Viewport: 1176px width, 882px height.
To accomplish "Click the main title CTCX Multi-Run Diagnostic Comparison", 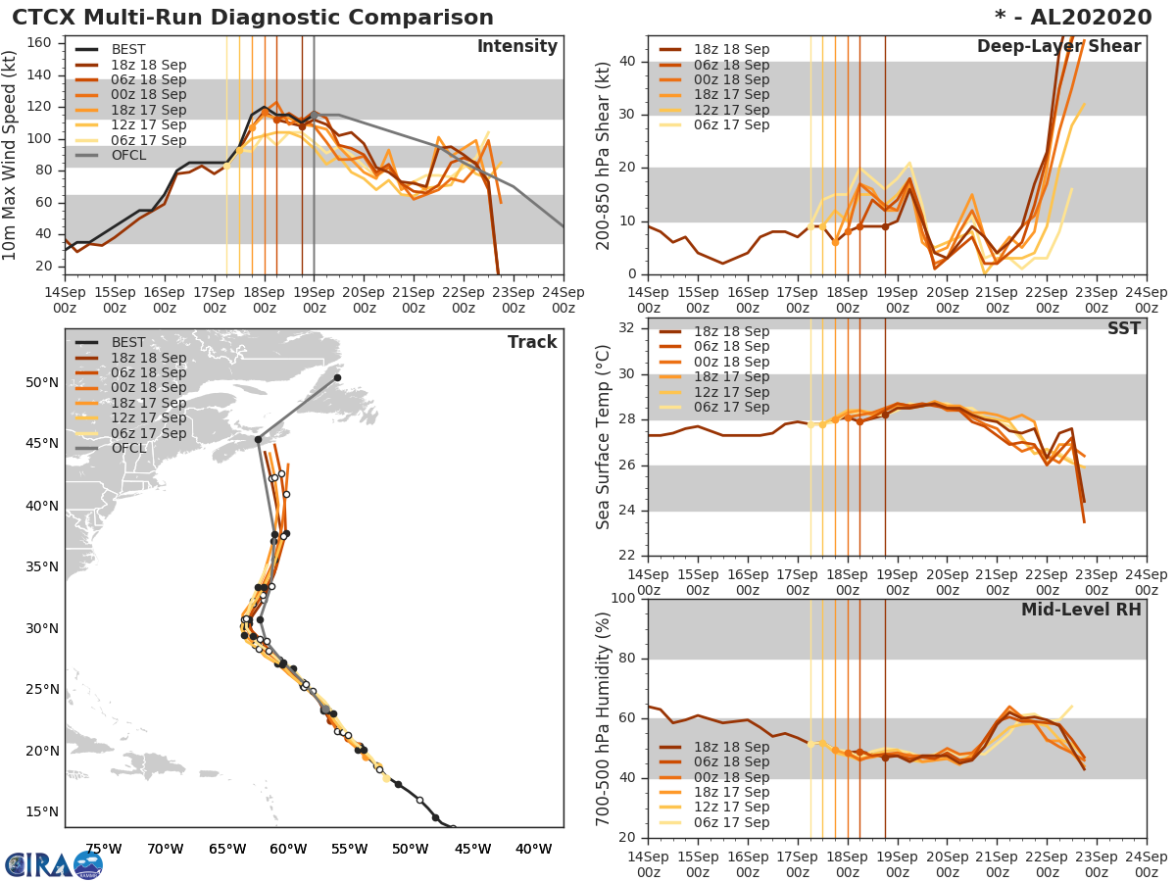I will (253, 18).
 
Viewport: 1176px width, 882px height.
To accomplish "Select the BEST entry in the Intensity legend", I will (128, 50).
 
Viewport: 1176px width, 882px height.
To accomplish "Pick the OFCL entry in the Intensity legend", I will (128, 156).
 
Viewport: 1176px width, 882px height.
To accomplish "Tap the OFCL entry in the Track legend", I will (128, 449).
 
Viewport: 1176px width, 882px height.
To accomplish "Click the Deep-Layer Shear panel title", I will (1058, 47).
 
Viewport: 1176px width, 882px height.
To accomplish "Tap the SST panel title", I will (1123, 329).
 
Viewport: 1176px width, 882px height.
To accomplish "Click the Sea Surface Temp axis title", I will (605, 438).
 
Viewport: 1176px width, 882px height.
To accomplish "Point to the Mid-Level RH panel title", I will (1081, 611).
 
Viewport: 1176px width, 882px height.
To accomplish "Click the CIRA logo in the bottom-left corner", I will (53, 864).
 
